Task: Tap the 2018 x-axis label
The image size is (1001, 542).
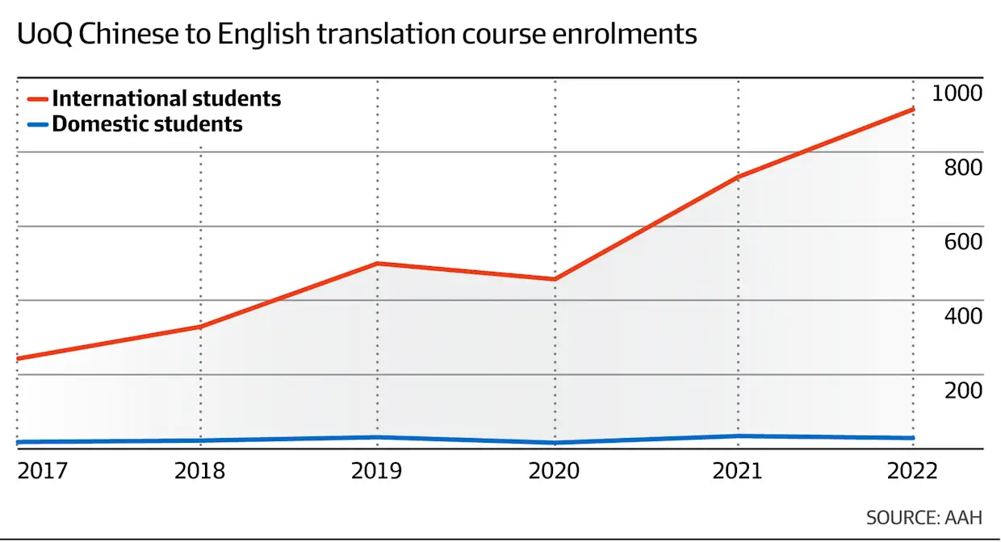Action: (x=200, y=471)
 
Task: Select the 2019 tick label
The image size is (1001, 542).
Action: (x=377, y=471)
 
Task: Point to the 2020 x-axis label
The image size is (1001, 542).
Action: (x=554, y=471)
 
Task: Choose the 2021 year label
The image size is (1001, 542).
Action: (x=737, y=471)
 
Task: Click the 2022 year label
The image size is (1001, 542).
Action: (x=912, y=471)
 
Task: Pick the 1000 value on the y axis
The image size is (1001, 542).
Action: (x=957, y=94)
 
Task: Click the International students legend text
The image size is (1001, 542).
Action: (x=166, y=99)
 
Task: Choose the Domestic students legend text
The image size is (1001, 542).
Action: (x=147, y=124)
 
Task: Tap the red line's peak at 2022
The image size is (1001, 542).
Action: (x=912, y=109)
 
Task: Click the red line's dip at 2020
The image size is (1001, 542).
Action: (x=555, y=279)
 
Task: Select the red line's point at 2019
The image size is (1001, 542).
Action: (x=378, y=264)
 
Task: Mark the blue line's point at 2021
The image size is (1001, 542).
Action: (x=737, y=436)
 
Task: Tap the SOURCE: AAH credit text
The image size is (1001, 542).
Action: (x=924, y=517)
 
